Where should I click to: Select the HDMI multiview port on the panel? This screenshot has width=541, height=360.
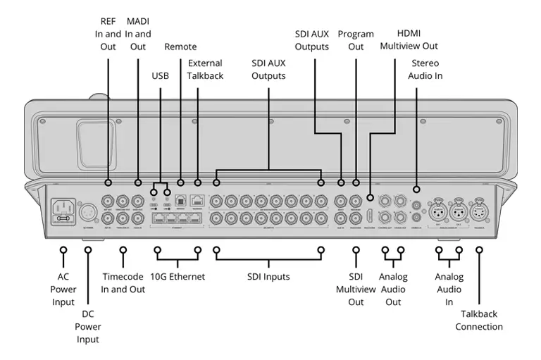[370, 211]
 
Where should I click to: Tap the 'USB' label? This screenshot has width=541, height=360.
[161, 75]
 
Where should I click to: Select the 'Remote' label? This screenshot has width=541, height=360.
[180, 46]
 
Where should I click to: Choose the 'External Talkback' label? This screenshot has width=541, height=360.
[205, 69]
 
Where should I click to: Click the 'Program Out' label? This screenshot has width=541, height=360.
[356, 40]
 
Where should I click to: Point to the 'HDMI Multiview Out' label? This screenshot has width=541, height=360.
[409, 40]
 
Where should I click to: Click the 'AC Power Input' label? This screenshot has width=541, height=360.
[63, 289]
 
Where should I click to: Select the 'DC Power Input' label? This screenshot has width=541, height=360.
[88, 327]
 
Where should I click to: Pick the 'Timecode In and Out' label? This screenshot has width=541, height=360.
[123, 283]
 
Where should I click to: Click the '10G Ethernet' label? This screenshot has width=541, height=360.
[178, 277]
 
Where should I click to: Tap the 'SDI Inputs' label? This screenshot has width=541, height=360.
[268, 277]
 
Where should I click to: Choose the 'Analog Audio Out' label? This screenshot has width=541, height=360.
[393, 289]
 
